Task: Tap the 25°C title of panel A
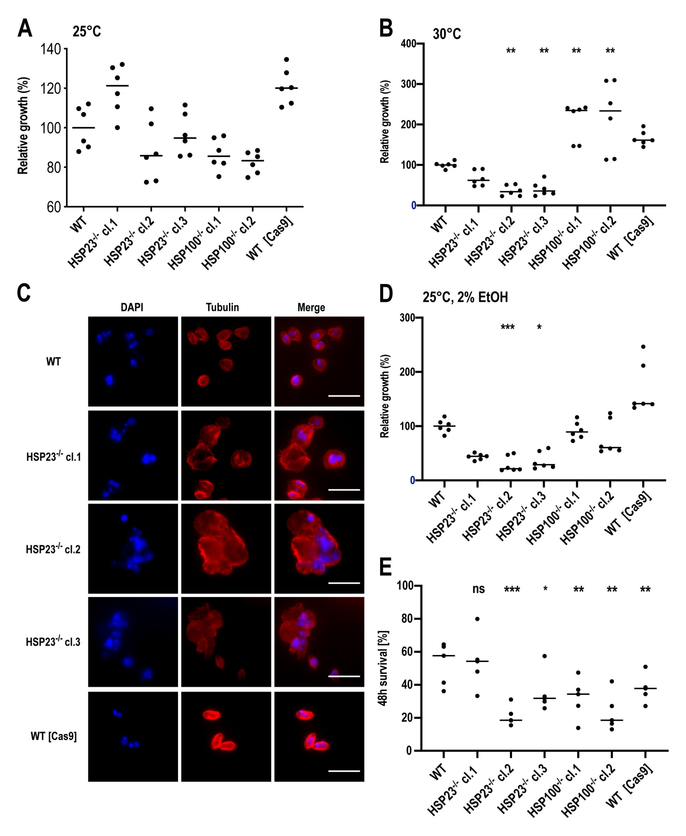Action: (87, 31)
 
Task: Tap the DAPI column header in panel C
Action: (132, 307)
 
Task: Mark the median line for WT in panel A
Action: (83, 128)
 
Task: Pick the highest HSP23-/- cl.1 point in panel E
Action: (477, 619)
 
